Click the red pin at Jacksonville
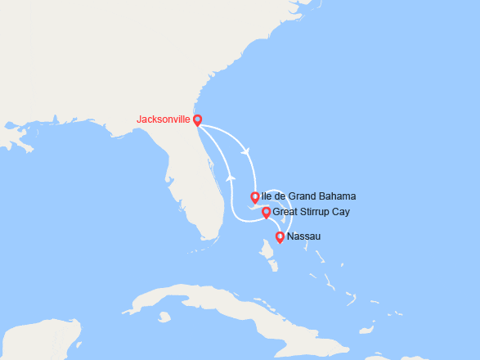pyautogui.click(x=197, y=119)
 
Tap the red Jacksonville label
pyautogui.click(x=164, y=119)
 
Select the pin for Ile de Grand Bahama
pyautogui.click(x=255, y=197)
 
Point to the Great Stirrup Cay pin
pyautogui.click(x=266, y=213)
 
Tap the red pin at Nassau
pyautogui.click(x=280, y=237)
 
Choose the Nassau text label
pyautogui.click(x=305, y=237)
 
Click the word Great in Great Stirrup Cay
pyautogui.click(x=285, y=212)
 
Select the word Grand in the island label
pyautogui.click(x=303, y=196)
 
